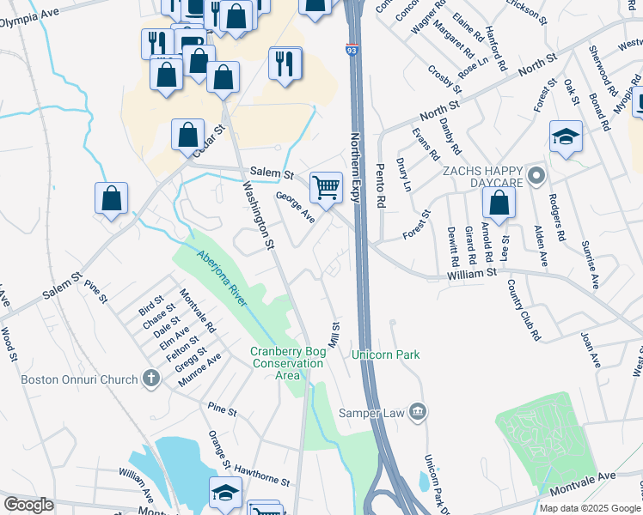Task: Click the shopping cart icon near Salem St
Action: (x=326, y=186)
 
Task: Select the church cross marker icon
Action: (x=151, y=379)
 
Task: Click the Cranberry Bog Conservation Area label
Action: (x=287, y=363)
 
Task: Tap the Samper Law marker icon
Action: (x=418, y=412)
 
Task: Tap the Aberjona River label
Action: (x=222, y=277)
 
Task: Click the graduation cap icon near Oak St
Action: (x=566, y=136)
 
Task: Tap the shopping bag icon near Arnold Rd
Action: (x=499, y=203)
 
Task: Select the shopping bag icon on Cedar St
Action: (x=187, y=135)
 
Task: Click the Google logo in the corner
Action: (x=28, y=505)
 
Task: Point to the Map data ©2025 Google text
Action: (x=590, y=508)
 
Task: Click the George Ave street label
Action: (x=295, y=207)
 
